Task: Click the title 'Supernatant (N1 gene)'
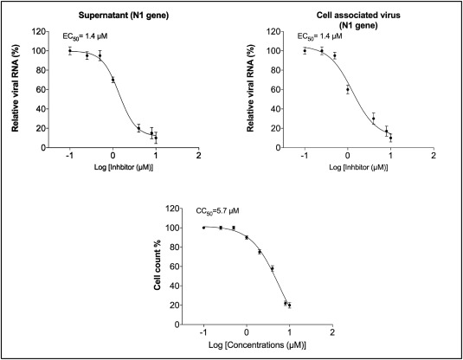[124, 16]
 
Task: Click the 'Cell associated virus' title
[358, 15]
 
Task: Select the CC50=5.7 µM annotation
[217, 211]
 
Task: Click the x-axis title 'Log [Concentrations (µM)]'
[257, 345]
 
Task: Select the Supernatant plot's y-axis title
[15, 88]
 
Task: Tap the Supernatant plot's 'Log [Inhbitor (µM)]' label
[124, 167]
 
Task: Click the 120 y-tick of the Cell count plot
[173, 209]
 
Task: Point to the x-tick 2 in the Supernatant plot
[199, 156]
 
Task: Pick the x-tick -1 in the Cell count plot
[203, 332]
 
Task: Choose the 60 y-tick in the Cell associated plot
[275, 89]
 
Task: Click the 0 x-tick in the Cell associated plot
[348, 156]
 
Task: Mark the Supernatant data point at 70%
[113, 80]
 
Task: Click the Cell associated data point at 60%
[348, 89]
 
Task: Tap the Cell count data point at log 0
[247, 237]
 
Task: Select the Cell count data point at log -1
[203, 228]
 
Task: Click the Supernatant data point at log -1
[70, 51]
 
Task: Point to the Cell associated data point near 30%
[374, 119]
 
